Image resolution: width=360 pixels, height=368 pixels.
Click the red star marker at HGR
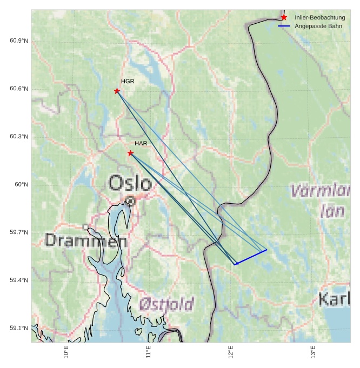[x=117, y=91]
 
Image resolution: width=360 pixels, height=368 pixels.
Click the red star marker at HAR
[x=130, y=153]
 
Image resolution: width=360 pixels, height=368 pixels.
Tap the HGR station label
[x=128, y=82]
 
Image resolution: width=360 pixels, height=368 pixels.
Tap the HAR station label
[x=141, y=144]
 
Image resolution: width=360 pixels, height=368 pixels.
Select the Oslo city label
[x=130, y=183]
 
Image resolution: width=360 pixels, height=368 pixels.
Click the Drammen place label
[x=86, y=240]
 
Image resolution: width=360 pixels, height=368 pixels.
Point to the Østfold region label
[x=166, y=305]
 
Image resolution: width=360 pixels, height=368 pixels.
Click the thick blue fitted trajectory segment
[x=251, y=257]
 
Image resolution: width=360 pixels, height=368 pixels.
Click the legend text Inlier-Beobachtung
[x=319, y=18]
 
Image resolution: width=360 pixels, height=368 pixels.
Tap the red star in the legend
[x=284, y=18]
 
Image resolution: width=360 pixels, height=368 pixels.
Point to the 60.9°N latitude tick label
[x=19, y=41]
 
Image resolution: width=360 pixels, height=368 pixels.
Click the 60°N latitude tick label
[x=21, y=185]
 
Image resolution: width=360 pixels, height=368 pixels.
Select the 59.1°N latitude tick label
[x=19, y=329]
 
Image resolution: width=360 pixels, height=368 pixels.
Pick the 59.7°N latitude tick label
[x=19, y=233]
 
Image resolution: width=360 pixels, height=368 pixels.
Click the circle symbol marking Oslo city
[x=130, y=201]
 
